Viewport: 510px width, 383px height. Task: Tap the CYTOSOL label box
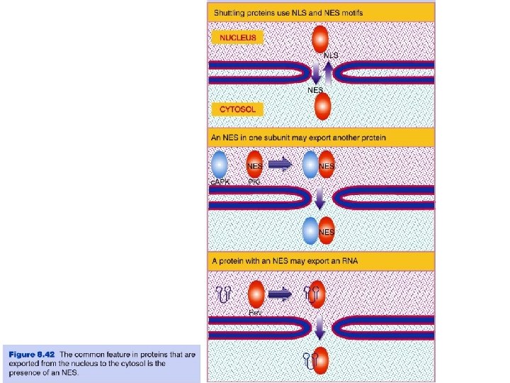coord(238,109)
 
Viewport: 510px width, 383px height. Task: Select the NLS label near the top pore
coord(331,55)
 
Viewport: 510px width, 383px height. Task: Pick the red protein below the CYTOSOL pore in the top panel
coord(322,107)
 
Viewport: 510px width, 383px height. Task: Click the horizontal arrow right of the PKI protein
coord(280,165)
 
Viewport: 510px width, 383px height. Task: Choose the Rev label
coord(256,313)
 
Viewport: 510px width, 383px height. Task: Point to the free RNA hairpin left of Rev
coord(224,293)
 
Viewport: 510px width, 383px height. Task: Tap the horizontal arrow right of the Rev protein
coord(281,293)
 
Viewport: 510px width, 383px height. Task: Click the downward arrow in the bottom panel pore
coord(320,328)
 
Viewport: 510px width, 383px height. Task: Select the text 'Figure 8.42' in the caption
coord(32,353)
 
